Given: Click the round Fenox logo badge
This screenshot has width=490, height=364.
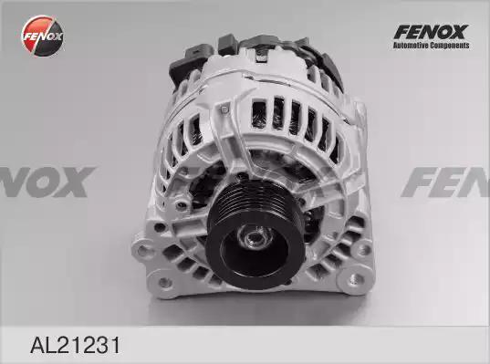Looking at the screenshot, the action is click(x=43, y=36).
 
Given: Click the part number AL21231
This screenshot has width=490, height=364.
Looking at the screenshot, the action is click(x=75, y=345).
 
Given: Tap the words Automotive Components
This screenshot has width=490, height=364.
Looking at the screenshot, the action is click(x=431, y=46).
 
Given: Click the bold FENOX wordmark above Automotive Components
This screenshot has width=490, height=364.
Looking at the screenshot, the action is click(x=431, y=32).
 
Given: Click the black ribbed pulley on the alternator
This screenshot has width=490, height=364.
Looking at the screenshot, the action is click(x=255, y=233).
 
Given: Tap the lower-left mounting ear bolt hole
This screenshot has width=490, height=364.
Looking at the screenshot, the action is click(x=164, y=283).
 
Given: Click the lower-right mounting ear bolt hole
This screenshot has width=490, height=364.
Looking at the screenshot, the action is click(x=354, y=279).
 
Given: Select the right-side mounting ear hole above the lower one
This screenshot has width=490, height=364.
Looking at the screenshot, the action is click(x=362, y=249).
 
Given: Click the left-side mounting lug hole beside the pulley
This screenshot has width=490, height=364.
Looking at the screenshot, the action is click(x=142, y=250).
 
